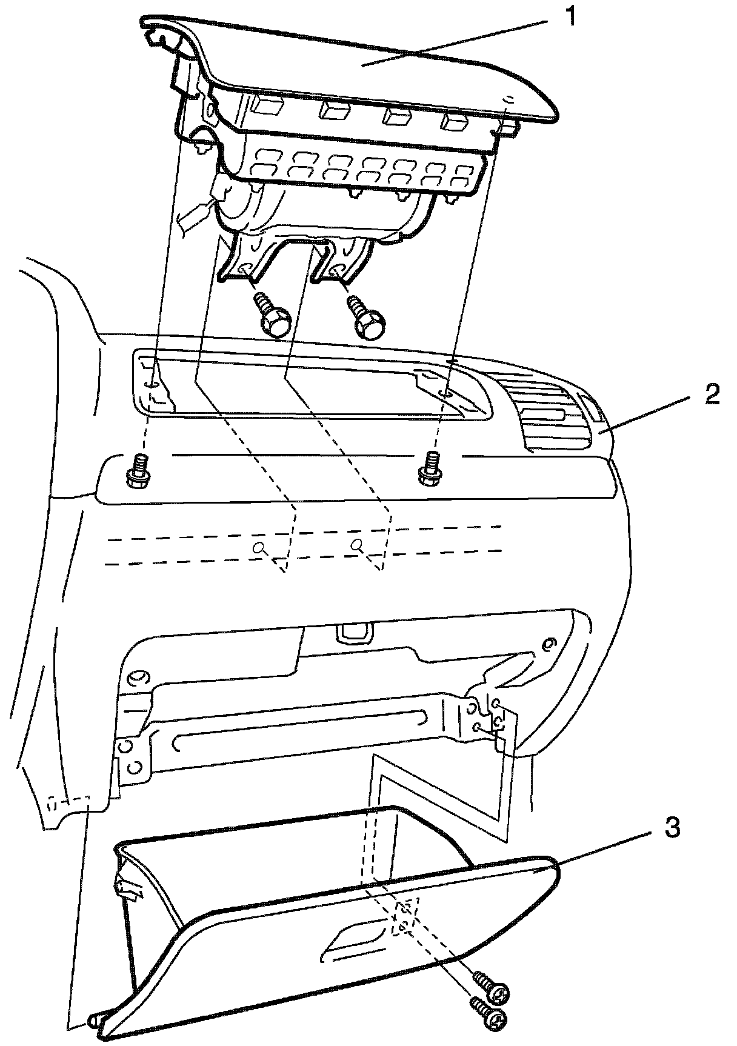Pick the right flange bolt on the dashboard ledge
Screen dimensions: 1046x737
coord(430,467)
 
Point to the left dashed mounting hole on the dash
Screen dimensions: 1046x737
coord(259,548)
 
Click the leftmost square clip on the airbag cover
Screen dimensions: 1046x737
coord(266,106)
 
